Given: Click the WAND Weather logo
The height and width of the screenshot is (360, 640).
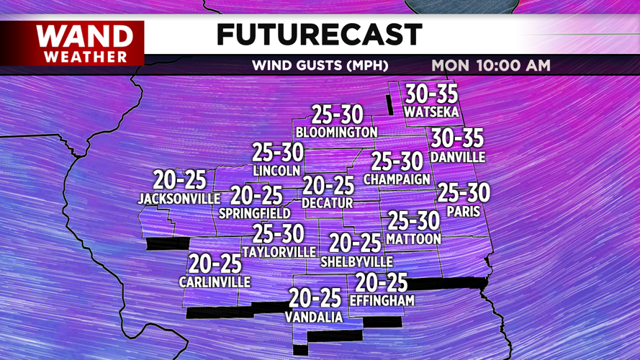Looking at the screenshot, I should [85, 43].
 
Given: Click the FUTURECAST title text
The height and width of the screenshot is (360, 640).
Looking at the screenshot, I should [319, 34].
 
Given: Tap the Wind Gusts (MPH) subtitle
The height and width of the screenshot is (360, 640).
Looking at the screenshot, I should [320, 66].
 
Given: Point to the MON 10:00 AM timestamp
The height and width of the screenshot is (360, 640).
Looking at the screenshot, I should [491, 66].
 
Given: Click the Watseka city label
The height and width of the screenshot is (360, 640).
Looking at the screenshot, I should [431, 112].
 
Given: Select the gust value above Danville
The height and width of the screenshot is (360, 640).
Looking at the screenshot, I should [457, 138].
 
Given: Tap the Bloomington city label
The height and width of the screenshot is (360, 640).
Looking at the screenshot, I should [336, 132].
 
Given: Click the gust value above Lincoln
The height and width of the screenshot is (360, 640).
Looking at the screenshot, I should [277, 153].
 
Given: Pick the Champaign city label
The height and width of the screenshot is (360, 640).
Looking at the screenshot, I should [397, 179].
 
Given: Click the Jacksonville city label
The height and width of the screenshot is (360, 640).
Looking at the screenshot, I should [179, 198].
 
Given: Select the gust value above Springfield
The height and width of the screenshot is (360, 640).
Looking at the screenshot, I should [256, 195].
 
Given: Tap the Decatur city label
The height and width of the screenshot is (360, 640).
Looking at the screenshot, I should [328, 203].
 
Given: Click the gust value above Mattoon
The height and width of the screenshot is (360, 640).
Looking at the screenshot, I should [413, 221].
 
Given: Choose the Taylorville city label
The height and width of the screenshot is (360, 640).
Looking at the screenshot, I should [279, 252].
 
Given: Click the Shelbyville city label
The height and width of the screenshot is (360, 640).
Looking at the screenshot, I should [357, 261].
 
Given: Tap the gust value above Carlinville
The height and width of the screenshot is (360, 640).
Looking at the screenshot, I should [215, 264].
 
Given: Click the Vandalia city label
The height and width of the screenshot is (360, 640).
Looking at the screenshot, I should [314, 317].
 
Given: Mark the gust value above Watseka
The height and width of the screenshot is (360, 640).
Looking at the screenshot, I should [431, 94].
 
